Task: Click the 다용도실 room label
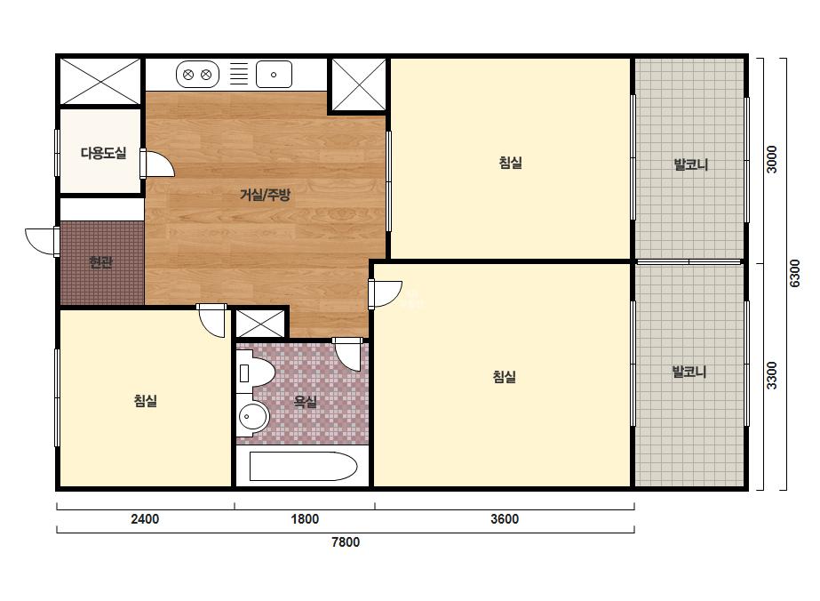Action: (103, 154)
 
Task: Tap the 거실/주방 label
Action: (265, 196)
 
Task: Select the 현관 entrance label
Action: (101, 261)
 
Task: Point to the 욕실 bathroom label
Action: (305, 402)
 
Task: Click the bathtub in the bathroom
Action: (303, 467)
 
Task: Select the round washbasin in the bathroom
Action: (253, 417)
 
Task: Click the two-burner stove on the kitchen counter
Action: (198, 75)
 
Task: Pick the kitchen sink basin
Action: (274, 75)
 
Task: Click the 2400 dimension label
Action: (145, 519)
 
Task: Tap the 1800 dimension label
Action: (305, 519)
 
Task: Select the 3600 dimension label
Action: (505, 519)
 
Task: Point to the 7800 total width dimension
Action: (346, 541)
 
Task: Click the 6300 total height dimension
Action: (795, 273)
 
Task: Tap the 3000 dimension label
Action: (771, 160)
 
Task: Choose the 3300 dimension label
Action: (771, 375)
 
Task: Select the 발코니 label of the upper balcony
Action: (691, 164)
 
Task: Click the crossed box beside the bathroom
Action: (260, 324)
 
